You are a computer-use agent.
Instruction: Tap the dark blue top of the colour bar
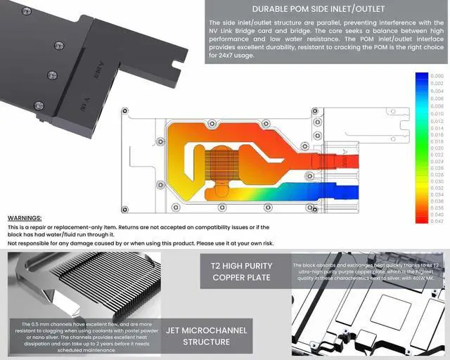(x=421, y=77)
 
